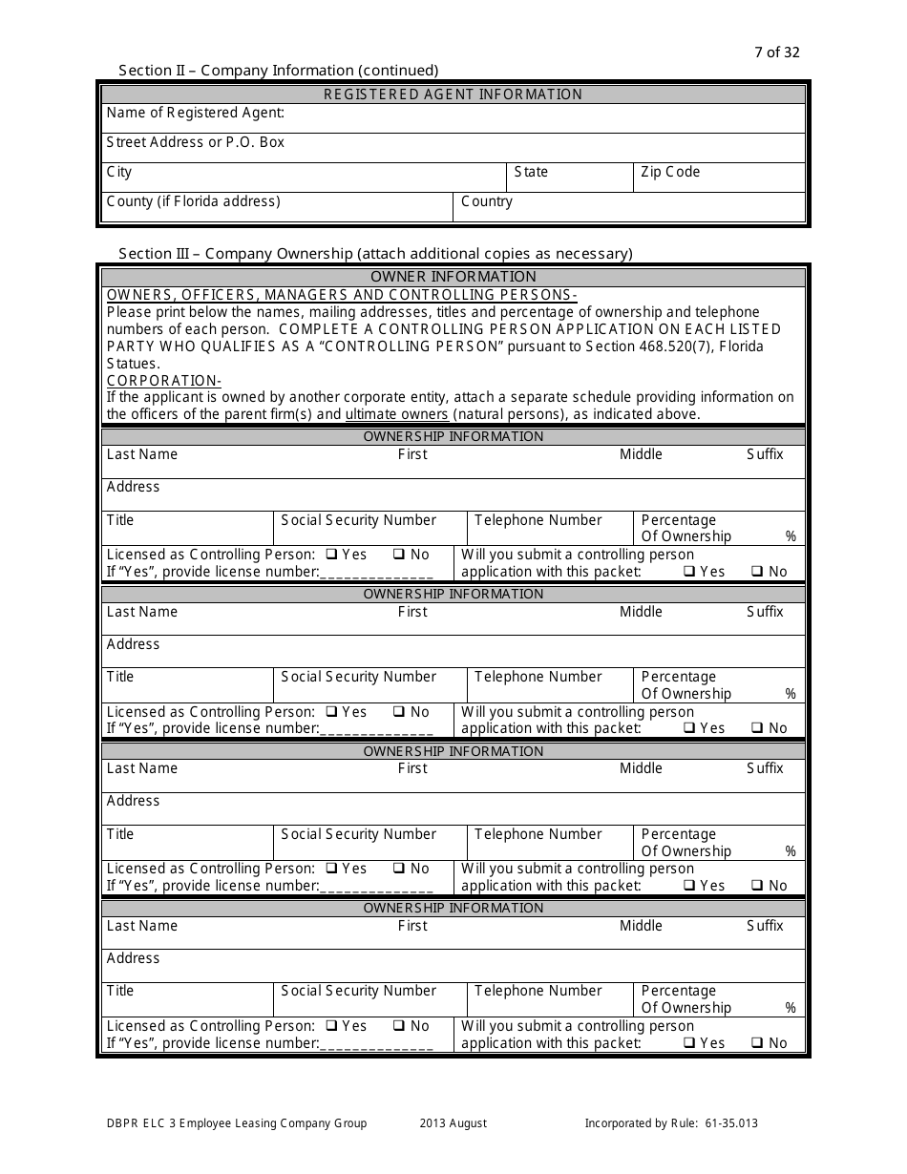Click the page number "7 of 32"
(x=776, y=52)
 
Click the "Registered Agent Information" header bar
(x=453, y=94)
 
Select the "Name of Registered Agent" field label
(x=196, y=113)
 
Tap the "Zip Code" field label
(x=670, y=172)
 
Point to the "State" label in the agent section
(x=531, y=172)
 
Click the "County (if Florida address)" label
(x=194, y=201)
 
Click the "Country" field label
(x=487, y=201)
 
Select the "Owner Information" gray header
(x=453, y=277)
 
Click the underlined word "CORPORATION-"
(x=163, y=381)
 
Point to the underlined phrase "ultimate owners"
(x=396, y=414)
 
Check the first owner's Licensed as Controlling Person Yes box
(x=331, y=555)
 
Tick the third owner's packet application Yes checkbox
(x=689, y=886)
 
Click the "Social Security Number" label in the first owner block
(x=358, y=520)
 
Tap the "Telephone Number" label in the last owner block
(x=538, y=991)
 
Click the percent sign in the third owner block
(x=790, y=851)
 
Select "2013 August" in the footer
(x=453, y=1123)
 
